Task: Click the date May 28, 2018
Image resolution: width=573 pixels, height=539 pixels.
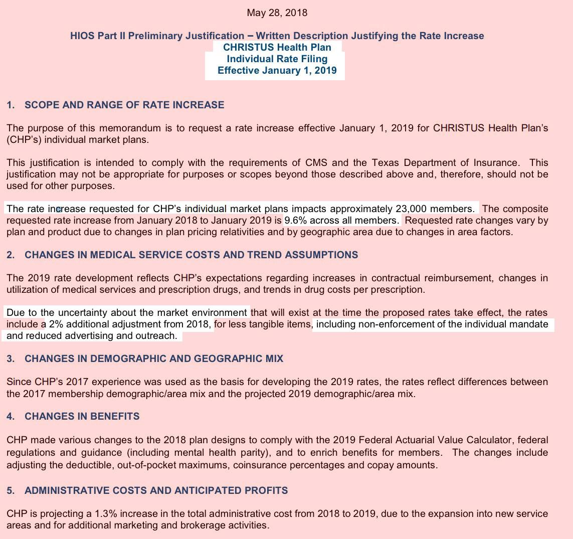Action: (277, 13)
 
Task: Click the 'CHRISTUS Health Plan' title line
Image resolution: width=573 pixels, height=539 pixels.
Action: (277, 47)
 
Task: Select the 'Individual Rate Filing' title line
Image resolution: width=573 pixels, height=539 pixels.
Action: (277, 59)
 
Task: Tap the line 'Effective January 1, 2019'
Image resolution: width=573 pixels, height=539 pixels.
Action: (277, 70)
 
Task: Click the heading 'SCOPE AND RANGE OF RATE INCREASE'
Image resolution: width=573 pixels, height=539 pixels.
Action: (124, 105)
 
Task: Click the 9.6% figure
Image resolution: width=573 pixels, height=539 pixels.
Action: (295, 220)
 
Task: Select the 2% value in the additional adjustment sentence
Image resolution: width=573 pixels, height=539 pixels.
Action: (56, 324)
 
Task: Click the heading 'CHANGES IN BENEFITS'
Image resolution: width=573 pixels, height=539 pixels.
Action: (82, 416)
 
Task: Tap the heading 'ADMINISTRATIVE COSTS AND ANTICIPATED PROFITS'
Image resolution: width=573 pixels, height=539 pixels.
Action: (156, 490)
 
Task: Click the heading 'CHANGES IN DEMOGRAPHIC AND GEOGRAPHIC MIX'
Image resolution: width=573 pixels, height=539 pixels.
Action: (154, 358)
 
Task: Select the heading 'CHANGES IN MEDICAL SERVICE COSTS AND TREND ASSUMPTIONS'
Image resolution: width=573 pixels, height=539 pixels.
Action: (192, 255)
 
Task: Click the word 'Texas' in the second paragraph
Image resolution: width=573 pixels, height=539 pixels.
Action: (385, 162)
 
